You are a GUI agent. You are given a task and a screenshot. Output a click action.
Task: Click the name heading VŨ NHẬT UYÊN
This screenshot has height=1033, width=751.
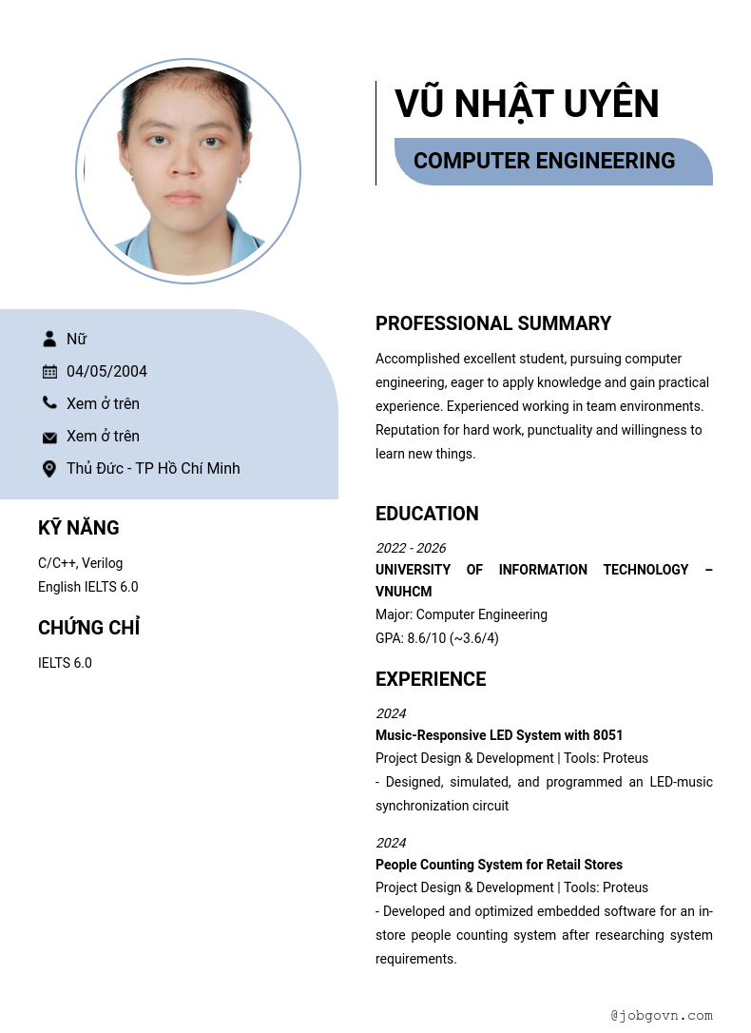pyautogui.click(x=527, y=105)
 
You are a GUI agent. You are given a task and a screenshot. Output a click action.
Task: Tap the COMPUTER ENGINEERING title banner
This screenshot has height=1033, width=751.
pyautogui.click(x=544, y=161)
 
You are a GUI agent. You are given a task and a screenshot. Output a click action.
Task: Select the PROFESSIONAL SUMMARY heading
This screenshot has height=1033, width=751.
pyautogui.click(x=492, y=323)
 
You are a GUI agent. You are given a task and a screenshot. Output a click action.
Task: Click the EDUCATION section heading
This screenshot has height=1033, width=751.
pyautogui.click(x=427, y=514)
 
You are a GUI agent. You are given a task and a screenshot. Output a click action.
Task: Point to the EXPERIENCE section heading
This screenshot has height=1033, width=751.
pyautogui.click(x=431, y=679)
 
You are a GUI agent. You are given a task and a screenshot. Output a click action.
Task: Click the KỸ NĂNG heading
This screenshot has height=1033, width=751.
pyautogui.click(x=79, y=528)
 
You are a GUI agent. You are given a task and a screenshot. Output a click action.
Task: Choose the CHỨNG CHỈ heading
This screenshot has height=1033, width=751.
pyautogui.click(x=88, y=628)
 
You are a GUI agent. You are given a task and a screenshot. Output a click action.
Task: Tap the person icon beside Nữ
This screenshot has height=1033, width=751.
pyautogui.click(x=49, y=339)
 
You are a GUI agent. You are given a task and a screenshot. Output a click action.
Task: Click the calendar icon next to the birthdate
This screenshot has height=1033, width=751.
pyautogui.click(x=49, y=371)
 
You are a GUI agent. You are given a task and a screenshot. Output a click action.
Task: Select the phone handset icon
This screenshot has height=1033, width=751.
pyautogui.click(x=49, y=403)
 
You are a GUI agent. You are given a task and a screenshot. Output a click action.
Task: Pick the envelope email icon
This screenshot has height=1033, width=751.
pyautogui.click(x=49, y=437)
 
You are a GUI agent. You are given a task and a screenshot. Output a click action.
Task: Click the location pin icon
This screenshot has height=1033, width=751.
pyautogui.click(x=49, y=469)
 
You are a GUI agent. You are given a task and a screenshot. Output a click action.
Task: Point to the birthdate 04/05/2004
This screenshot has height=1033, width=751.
pyautogui.click(x=106, y=371)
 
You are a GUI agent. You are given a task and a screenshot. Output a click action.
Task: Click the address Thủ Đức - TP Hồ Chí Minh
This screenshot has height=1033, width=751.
pyautogui.click(x=153, y=468)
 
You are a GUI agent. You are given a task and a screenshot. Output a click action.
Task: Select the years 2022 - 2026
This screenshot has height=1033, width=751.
pyautogui.click(x=411, y=548)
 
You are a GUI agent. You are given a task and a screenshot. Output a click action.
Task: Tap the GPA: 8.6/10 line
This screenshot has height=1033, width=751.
pyautogui.click(x=437, y=638)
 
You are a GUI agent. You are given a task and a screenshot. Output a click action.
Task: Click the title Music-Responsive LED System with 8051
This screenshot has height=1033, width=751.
pyautogui.click(x=499, y=735)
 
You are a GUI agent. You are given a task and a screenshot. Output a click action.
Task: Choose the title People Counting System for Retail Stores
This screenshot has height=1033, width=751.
pyautogui.click(x=499, y=865)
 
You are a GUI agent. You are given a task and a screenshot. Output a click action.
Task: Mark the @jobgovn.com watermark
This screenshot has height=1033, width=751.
pyautogui.click(x=662, y=1015)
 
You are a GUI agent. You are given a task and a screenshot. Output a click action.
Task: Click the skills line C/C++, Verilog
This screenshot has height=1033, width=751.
pyautogui.click(x=81, y=563)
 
